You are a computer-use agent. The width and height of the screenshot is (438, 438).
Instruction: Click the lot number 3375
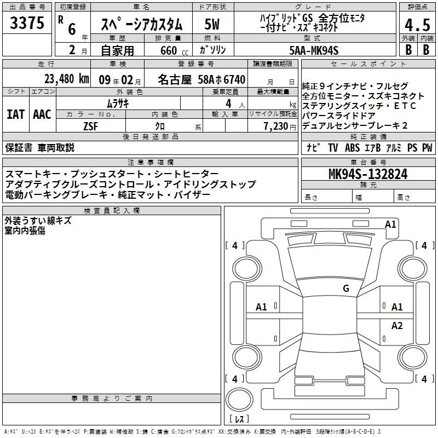(x=27, y=22)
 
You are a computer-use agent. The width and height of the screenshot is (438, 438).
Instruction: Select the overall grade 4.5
(x=417, y=25)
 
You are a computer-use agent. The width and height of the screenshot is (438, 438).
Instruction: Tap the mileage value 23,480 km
(x=66, y=79)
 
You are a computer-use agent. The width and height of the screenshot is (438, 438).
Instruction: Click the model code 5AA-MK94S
(x=314, y=50)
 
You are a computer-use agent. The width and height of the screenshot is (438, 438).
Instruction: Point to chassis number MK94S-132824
(x=368, y=174)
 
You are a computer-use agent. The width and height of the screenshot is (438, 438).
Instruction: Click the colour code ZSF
(x=90, y=126)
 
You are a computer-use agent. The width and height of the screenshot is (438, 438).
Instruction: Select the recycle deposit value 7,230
(x=276, y=126)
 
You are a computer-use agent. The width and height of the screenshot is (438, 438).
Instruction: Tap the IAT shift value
(x=16, y=114)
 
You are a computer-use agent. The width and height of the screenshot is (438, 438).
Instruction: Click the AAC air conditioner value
(x=42, y=114)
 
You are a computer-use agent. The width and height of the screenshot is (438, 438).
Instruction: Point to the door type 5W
(x=212, y=24)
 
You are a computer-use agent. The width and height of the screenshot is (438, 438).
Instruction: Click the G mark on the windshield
(x=346, y=289)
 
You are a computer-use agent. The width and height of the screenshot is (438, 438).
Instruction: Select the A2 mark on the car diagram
(x=397, y=325)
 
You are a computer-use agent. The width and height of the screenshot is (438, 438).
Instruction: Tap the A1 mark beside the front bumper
(x=390, y=224)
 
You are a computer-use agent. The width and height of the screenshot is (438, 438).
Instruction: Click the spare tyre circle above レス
(x=239, y=399)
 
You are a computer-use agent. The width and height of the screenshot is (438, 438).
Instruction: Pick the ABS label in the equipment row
(x=352, y=147)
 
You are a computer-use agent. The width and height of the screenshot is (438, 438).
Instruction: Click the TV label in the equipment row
(x=333, y=147)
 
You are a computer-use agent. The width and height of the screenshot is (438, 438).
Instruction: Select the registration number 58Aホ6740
(x=222, y=79)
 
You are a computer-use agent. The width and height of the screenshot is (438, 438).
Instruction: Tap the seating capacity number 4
(x=228, y=103)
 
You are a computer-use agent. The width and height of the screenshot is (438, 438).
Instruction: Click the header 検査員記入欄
(x=112, y=211)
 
